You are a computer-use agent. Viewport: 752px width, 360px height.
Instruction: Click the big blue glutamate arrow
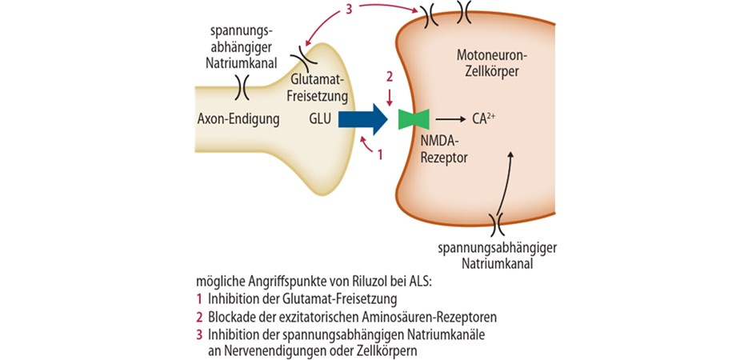(x=364, y=119)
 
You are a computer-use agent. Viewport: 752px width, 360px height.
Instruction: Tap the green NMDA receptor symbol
(x=414, y=119)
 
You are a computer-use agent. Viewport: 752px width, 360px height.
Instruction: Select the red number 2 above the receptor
(x=389, y=77)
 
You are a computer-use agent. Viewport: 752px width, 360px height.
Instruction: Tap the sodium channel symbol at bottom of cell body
(x=497, y=218)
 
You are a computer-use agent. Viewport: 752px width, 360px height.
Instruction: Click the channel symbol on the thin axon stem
(x=242, y=84)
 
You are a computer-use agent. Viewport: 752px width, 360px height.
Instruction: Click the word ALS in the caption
(x=414, y=283)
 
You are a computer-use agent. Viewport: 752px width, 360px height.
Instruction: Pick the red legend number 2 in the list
(x=199, y=317)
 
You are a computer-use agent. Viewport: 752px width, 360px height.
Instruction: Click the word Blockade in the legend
(x=233, y=317)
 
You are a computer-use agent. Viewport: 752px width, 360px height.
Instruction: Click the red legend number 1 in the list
(x=199, y=300)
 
